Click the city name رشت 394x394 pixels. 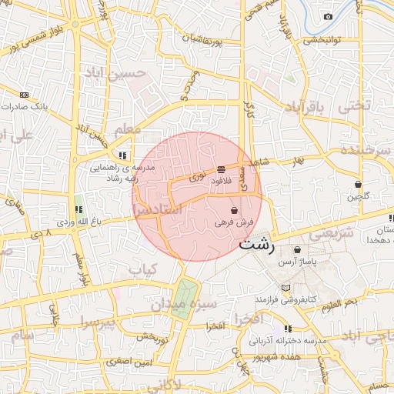(x=255, y=245)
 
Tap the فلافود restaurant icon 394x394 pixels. (x=221, y=169)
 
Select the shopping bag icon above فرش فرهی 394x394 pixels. (x=234, y=210)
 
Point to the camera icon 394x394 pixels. (x=329, y=17)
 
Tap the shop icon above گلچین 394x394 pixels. (x=359, y=185)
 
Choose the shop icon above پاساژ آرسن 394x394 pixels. (x=298, y=250)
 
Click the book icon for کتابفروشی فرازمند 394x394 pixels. (x=286, y=288)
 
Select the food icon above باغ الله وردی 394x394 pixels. (x=78, y=209)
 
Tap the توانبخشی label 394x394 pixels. (x=322, y=41)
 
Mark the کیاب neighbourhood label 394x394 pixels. (x=142, y=269)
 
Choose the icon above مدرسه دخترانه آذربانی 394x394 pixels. (x=288, y=329)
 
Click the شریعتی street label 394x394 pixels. (x=333, y=232)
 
